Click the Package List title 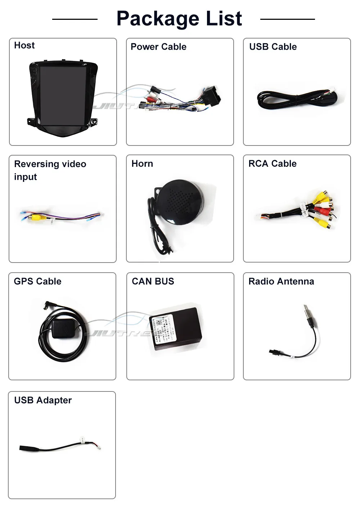[179, 19]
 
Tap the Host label [24, 45]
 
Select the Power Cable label [158, 47]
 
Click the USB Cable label [273, 47]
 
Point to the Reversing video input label [50, 170]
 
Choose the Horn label [142, 164]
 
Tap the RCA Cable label [273, 164]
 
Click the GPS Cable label [37, 281]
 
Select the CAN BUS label [153, 281]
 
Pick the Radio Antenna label [281, 281]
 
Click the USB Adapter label [43, 400]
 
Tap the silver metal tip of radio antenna [306, 310]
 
